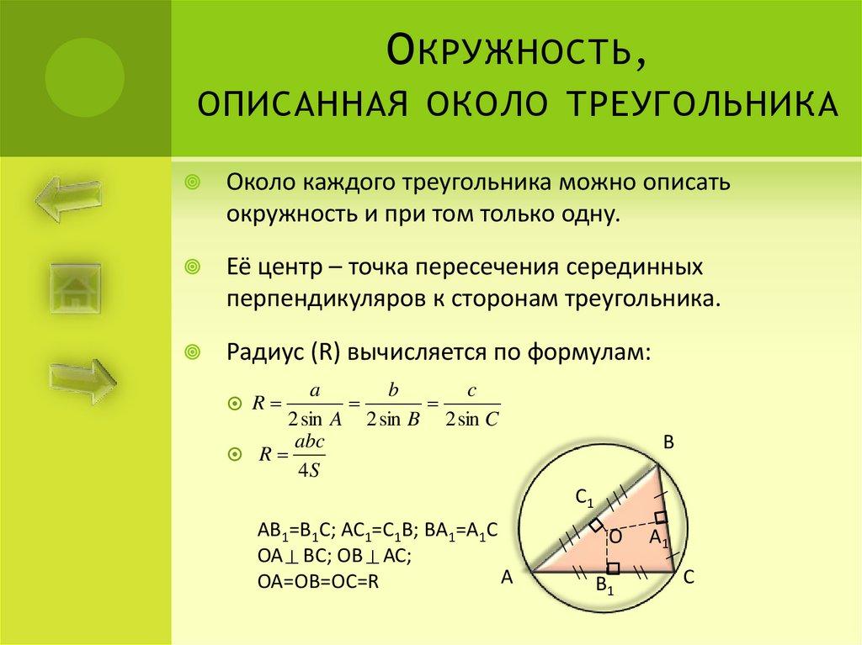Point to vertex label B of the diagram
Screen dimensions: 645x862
point(669,443)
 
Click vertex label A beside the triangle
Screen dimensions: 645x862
point(507,577)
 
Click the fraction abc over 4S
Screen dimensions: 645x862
point(304,455)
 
